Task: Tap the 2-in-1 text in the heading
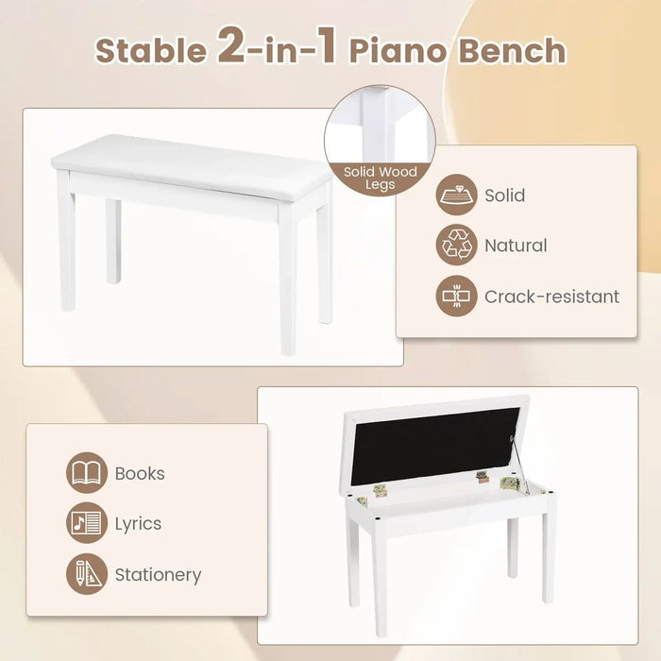(x=278, y=47)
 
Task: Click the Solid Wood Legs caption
(x=380, y=178)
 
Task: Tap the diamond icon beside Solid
(x=456, y=196)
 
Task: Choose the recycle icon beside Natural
(x=456, y=246)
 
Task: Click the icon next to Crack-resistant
(x=456, y=297)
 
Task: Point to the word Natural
(x=516, y=246)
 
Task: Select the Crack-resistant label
(x=551, y=297)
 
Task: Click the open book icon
(x=87, y=473)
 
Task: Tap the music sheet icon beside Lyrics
(x=87, y=523)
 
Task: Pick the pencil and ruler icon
(x=87, y=574)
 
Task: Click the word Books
(x=140, y=473)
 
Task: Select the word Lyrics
(x=138, y=523)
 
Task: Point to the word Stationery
(x=158, y=574)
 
